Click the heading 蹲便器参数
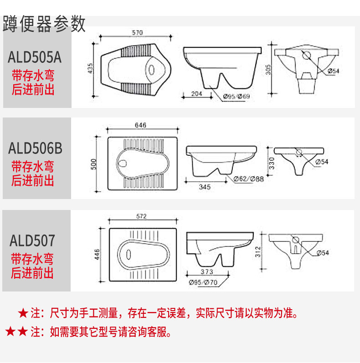[44, 24]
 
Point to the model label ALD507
[32, 240]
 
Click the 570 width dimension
[137, 32]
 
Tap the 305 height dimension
[268, 69]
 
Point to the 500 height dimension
[93, 164]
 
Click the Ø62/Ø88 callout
[249, 179]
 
